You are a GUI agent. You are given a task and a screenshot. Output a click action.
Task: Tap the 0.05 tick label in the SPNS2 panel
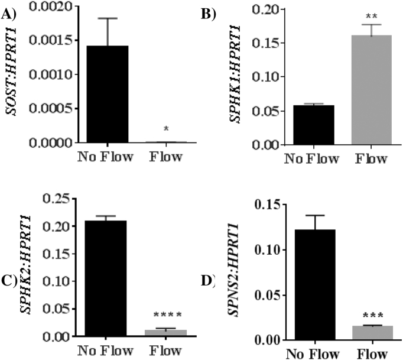coord(268,295)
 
